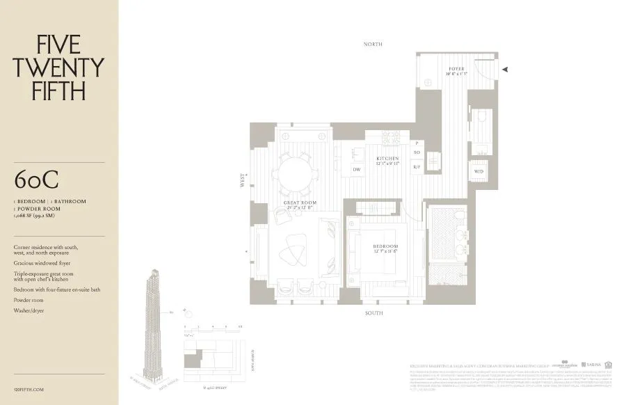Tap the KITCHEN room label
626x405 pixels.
click(388, 159)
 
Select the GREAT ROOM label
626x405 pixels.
click(299, 203)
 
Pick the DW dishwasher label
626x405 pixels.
click(356, 169)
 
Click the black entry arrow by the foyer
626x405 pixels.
click(506, 69)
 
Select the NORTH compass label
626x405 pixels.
click(373, 44)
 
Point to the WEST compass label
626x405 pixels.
click(243, 180)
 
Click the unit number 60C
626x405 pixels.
click(38, 180)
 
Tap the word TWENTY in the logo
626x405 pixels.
click(58, 67)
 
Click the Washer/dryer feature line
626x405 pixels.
click(29, 310)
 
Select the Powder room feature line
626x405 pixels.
click(29, 300)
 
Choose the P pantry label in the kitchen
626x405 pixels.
click(417, 143)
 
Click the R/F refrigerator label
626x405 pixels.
click(417, 167)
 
